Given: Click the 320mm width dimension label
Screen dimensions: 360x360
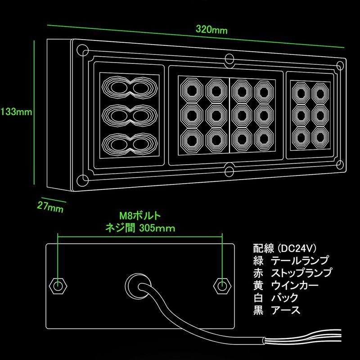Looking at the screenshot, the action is [211, 30].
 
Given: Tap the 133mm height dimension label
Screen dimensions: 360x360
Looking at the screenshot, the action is [16, 112].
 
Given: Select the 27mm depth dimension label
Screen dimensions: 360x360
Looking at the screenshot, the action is [50, 207].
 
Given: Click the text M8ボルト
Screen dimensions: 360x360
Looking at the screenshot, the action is [140, 216].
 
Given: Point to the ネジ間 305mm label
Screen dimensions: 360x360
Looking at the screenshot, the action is [140, 228].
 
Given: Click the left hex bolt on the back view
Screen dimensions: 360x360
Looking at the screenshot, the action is [58, 286].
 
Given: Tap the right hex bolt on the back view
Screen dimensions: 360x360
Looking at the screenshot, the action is [222, 286].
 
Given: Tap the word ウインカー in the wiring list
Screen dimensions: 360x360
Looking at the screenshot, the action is [295, 285].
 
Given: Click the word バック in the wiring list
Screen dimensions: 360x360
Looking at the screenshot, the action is [285, 298].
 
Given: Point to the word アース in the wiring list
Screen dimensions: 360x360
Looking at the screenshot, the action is [286, 310].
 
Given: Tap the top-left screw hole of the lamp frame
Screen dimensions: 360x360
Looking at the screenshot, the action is [82, 50].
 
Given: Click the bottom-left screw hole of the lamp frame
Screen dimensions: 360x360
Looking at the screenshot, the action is [82, 180].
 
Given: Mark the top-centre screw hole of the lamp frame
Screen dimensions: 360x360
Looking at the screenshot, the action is [229, 59].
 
